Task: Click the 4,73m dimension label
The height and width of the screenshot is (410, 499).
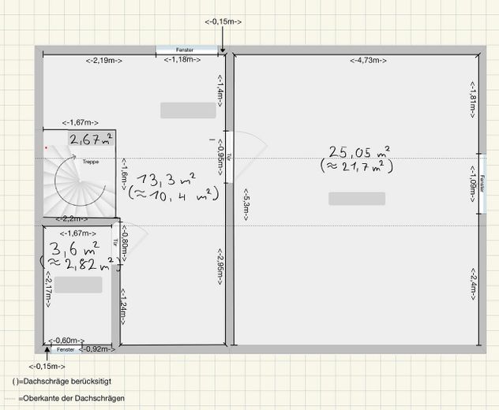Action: click(x=368, y=61)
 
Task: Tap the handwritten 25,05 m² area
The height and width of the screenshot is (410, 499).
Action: click(x=359, y=152)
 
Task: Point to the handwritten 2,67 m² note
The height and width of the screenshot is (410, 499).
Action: click(x=91, y=140)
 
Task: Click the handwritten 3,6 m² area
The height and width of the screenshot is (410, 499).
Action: click(x=74, y=248)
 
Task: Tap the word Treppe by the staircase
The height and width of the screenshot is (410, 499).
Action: click(x=91, y=162)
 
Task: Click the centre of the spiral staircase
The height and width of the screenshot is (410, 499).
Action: click(x=80, y=181)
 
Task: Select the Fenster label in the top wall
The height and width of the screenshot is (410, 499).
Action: click(x=185, y=50)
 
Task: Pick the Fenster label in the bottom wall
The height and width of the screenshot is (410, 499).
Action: click(x=66, y=349)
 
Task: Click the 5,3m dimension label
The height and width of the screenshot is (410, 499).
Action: click(x=246, y=205)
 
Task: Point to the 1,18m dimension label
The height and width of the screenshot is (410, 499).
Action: click(x=182, y=59)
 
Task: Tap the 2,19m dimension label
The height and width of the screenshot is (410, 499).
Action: click(x=103, y=61)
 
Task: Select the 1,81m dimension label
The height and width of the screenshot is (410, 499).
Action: click(x=473, y=99)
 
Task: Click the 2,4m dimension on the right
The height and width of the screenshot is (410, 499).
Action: click(x=473, y=284)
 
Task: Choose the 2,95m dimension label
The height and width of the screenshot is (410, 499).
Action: click(x=220, y=266)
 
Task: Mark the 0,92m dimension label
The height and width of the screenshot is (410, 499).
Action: click(x=97, y=349)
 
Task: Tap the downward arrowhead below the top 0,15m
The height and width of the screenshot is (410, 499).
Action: click(x=223, y=50)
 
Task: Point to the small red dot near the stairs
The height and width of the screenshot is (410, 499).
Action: click(x=46, y=147)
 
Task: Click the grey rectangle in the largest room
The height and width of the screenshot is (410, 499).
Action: click(x=357, y=199)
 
